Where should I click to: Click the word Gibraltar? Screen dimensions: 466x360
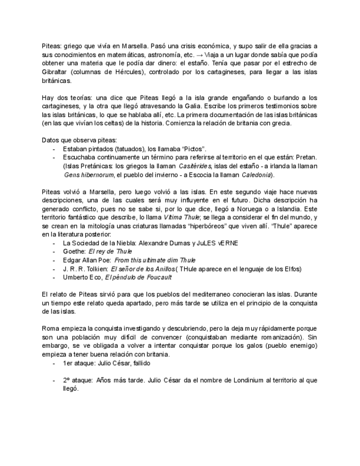coord(56,71)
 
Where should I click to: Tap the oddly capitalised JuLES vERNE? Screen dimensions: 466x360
coord(214,242)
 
